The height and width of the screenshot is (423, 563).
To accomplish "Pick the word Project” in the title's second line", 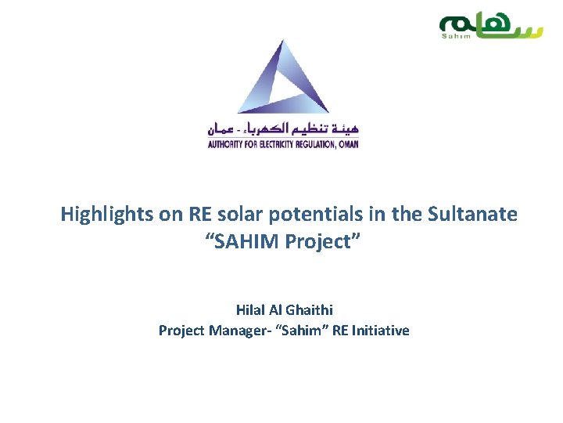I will tap(323, 241).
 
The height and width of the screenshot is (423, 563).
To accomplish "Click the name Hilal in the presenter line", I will tap(253, 310).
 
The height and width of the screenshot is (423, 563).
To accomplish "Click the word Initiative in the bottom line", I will tap(381, 331).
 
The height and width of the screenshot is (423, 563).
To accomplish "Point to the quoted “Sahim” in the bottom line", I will tap(302, 331).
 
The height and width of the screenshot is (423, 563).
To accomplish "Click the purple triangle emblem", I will tap(283, 78).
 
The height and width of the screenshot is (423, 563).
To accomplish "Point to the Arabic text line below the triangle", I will tap(283, 128).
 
